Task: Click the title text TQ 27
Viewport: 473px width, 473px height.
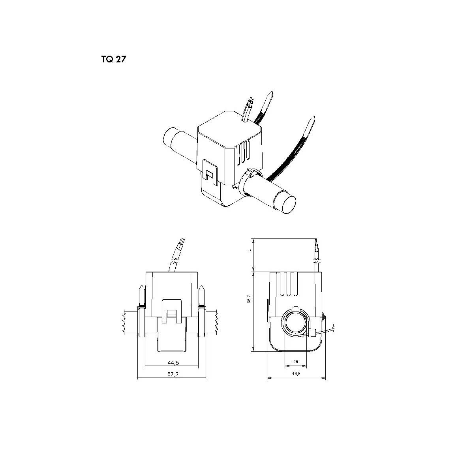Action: click(113, 60)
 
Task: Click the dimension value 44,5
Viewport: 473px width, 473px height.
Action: click(171, 362)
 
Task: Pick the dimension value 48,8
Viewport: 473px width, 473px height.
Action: click(296, 374)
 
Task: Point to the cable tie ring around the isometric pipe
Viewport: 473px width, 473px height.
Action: click(250, 173)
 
